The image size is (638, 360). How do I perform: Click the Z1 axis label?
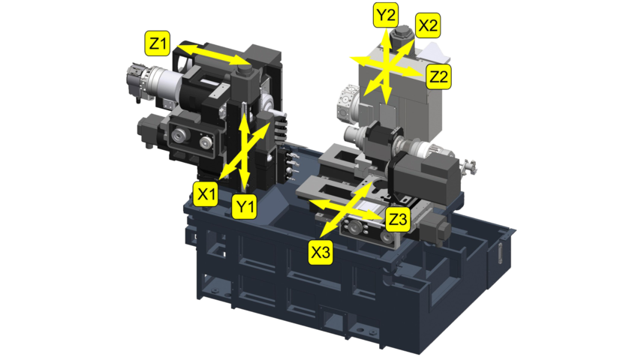click(158, 43)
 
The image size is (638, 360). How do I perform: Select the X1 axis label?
click(206, 194)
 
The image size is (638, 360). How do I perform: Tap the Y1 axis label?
click(244, 206)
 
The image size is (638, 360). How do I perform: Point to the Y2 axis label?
click(386, 16)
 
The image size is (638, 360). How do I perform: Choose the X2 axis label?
click(428, 25)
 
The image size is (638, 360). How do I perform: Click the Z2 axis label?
click(438, 76)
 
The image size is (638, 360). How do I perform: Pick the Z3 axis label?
click(398, 219)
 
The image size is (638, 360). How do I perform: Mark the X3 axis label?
click(321, 253)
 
